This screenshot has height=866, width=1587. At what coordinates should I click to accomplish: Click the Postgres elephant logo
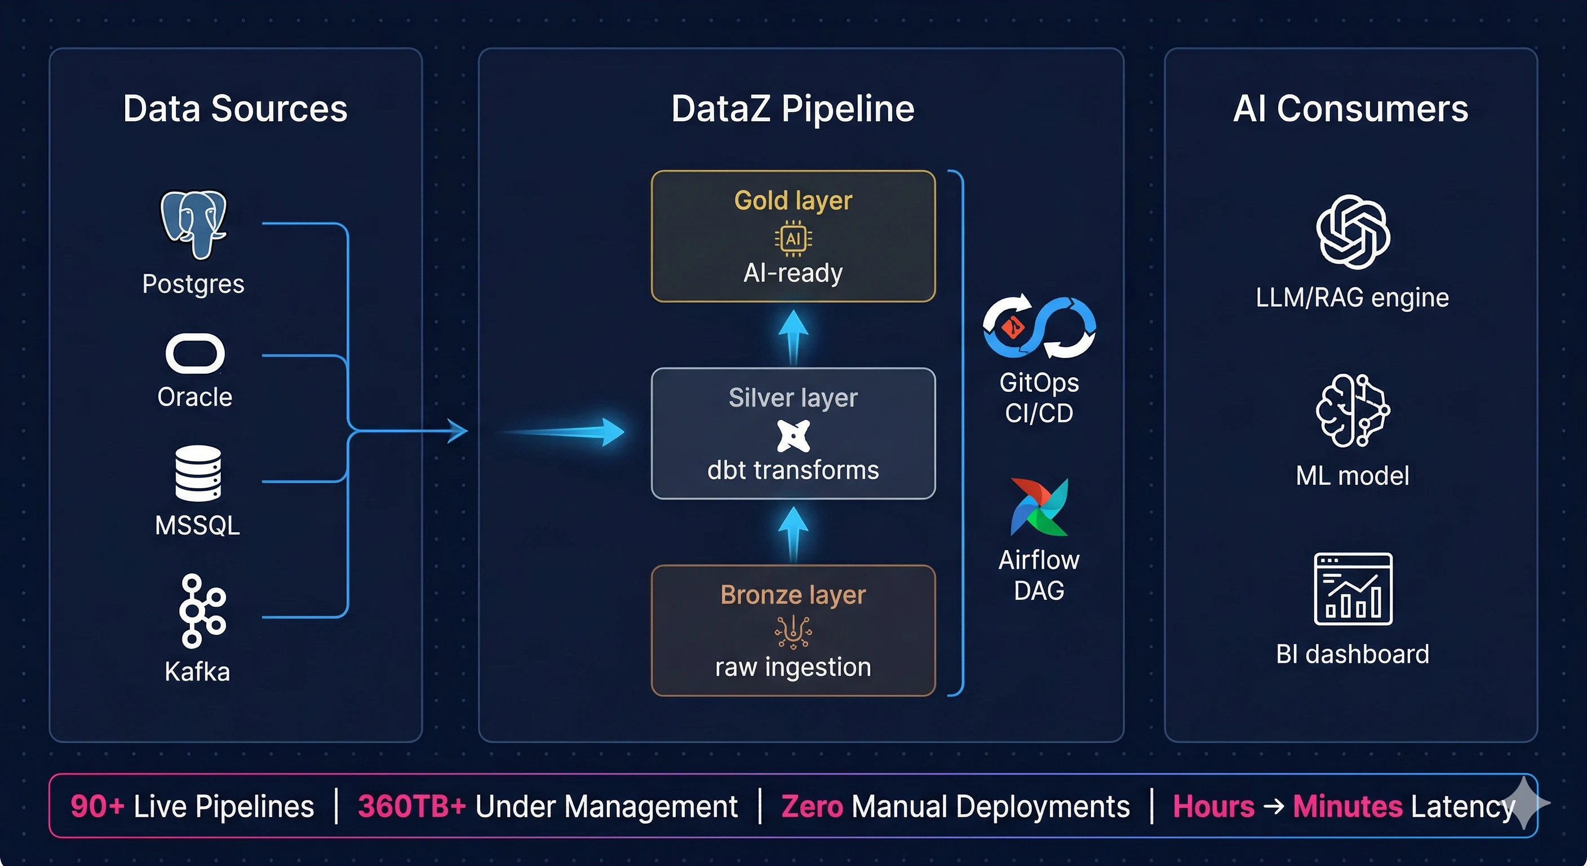click(193, 224)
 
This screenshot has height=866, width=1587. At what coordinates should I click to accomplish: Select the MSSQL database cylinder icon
click(198, 474)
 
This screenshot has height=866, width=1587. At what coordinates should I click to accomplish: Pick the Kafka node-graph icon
click(201, 611)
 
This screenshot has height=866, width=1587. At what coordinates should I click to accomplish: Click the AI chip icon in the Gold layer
click(793, 238)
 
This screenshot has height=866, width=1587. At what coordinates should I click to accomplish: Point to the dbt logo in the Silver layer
click(793, 436)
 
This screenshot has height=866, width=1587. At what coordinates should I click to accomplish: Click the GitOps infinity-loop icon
click(1039, 326)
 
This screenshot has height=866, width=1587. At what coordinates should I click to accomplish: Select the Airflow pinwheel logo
click(1039, 507)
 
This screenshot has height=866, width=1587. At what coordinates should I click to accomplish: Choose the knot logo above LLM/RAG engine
click(1353, 232)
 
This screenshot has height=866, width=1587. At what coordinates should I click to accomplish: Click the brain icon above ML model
click(1353, 410)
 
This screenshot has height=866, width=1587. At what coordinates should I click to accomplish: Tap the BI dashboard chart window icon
click(1353, 589)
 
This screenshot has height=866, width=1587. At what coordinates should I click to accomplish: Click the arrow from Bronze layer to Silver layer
click(793, 533)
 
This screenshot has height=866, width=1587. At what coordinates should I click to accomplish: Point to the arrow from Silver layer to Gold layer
click(793, 336)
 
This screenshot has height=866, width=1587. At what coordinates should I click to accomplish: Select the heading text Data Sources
click(236, 109)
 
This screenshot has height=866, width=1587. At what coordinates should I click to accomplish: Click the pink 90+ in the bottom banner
click(97, 806)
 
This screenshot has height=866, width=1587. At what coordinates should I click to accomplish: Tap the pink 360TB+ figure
click(411, 806)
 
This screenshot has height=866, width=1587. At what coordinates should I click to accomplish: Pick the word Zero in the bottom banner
click(812, 806)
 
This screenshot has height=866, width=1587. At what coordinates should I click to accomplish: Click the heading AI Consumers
click(1350, 109)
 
